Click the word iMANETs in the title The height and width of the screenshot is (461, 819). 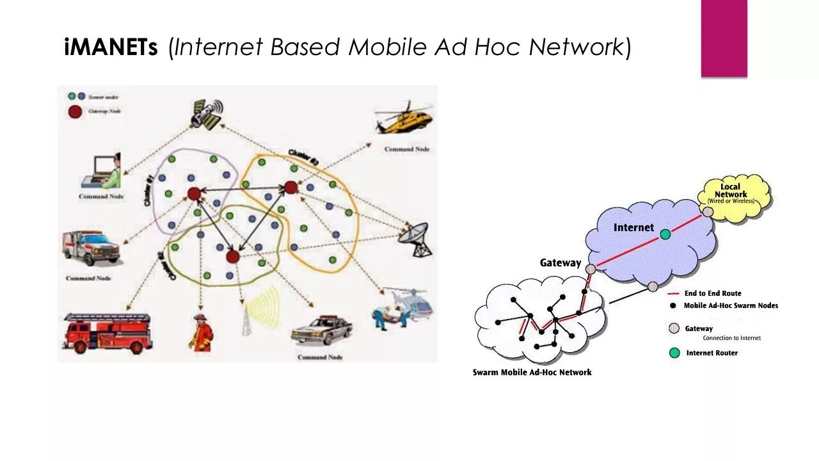pyautogui.click(x=111, y=47)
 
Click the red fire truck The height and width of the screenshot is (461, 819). pyautogui.click(x=107, y=332)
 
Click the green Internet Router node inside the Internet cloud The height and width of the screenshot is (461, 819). pyautogui.click(x=665, y=234)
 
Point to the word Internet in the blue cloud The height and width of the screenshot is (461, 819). pyautogui.click(x=633, y=227)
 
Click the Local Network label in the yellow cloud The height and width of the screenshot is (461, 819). pyautogui.click(x=731, y=191)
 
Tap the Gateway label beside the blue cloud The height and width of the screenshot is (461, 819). pyautogui.click(x=561, y=263)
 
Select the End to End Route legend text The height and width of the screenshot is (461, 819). pyautogui.click(x=713, y=293)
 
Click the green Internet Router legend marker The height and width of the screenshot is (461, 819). pyautogui.click(x=674, y=353)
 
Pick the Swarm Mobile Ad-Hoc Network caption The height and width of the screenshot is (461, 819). pyautogui.click(x=532, y=372)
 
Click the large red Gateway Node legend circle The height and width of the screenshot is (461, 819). pyautogui.click(x=75, y=111)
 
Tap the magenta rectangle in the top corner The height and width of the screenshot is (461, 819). pyautogui.click(x=724, y=38)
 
